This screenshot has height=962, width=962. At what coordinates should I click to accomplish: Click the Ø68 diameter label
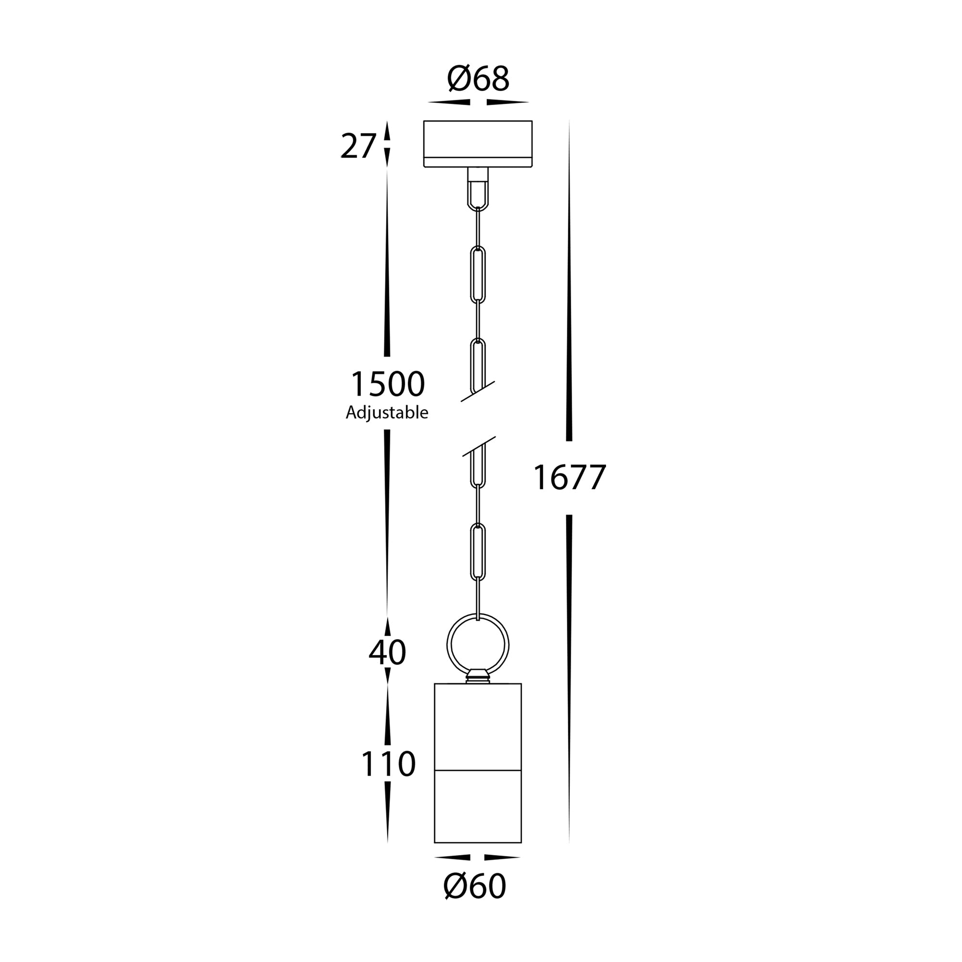[x=478, y=79]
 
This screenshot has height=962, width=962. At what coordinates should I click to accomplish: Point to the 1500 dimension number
[x=388, y=384]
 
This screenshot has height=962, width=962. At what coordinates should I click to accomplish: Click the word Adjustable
[x=387, y=413]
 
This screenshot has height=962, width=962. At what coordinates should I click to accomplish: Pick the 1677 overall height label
[x=569, y=477]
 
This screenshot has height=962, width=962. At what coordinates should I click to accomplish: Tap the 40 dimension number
[x=387, y=652]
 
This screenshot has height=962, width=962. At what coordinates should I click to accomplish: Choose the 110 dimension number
[x=388, y=764]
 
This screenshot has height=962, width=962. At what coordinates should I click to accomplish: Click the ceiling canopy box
[x=478, y=143]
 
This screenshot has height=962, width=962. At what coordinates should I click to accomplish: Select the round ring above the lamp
[x=478, y=646]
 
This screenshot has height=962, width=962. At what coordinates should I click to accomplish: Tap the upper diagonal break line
[x=478, y=392]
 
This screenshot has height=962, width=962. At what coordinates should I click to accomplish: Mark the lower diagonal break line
[x=479, y=446]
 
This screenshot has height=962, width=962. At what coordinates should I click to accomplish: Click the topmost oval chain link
[x=478, y=275]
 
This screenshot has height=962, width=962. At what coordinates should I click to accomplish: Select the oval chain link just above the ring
[x=478, y=553]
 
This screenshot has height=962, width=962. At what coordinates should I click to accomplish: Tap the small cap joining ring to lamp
[x=478, y=676]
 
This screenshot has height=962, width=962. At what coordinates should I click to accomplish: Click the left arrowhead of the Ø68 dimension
[x=449, y=102]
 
